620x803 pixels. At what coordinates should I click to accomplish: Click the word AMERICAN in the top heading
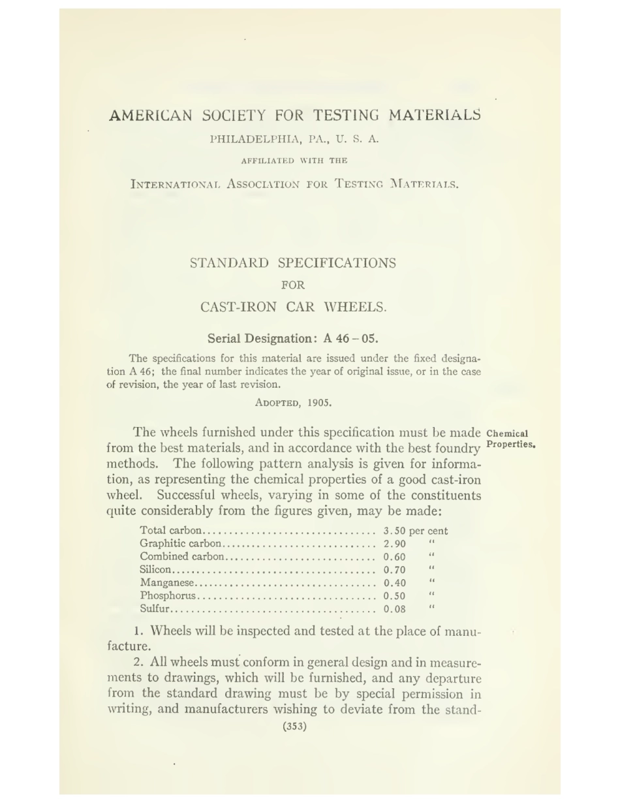click(x=151, y=116)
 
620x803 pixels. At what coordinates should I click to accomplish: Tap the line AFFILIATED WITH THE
click(x=294, y=161)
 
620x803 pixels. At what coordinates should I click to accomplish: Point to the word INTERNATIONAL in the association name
click(x=176, y=184)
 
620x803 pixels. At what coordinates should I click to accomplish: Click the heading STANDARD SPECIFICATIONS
click(x=293, y=263)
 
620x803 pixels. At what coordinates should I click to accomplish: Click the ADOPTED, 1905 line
click(x=294, y=402)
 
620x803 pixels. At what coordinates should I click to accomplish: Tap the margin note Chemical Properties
click(x=510, y=439)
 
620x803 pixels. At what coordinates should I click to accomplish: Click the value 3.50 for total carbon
click(x=395, y=531)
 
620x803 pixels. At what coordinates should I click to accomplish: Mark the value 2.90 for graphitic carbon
click(x=395, y=544)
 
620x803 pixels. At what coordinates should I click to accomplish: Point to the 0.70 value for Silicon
click(x=395, y=570)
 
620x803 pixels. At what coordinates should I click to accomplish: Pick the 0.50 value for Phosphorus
click(x=395, y=596)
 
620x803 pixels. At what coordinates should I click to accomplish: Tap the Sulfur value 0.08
click(x=395, y=609)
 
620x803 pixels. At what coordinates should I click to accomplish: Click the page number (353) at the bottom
click(x=294, y=726)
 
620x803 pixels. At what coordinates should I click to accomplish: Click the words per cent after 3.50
click(x=429, y=531)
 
